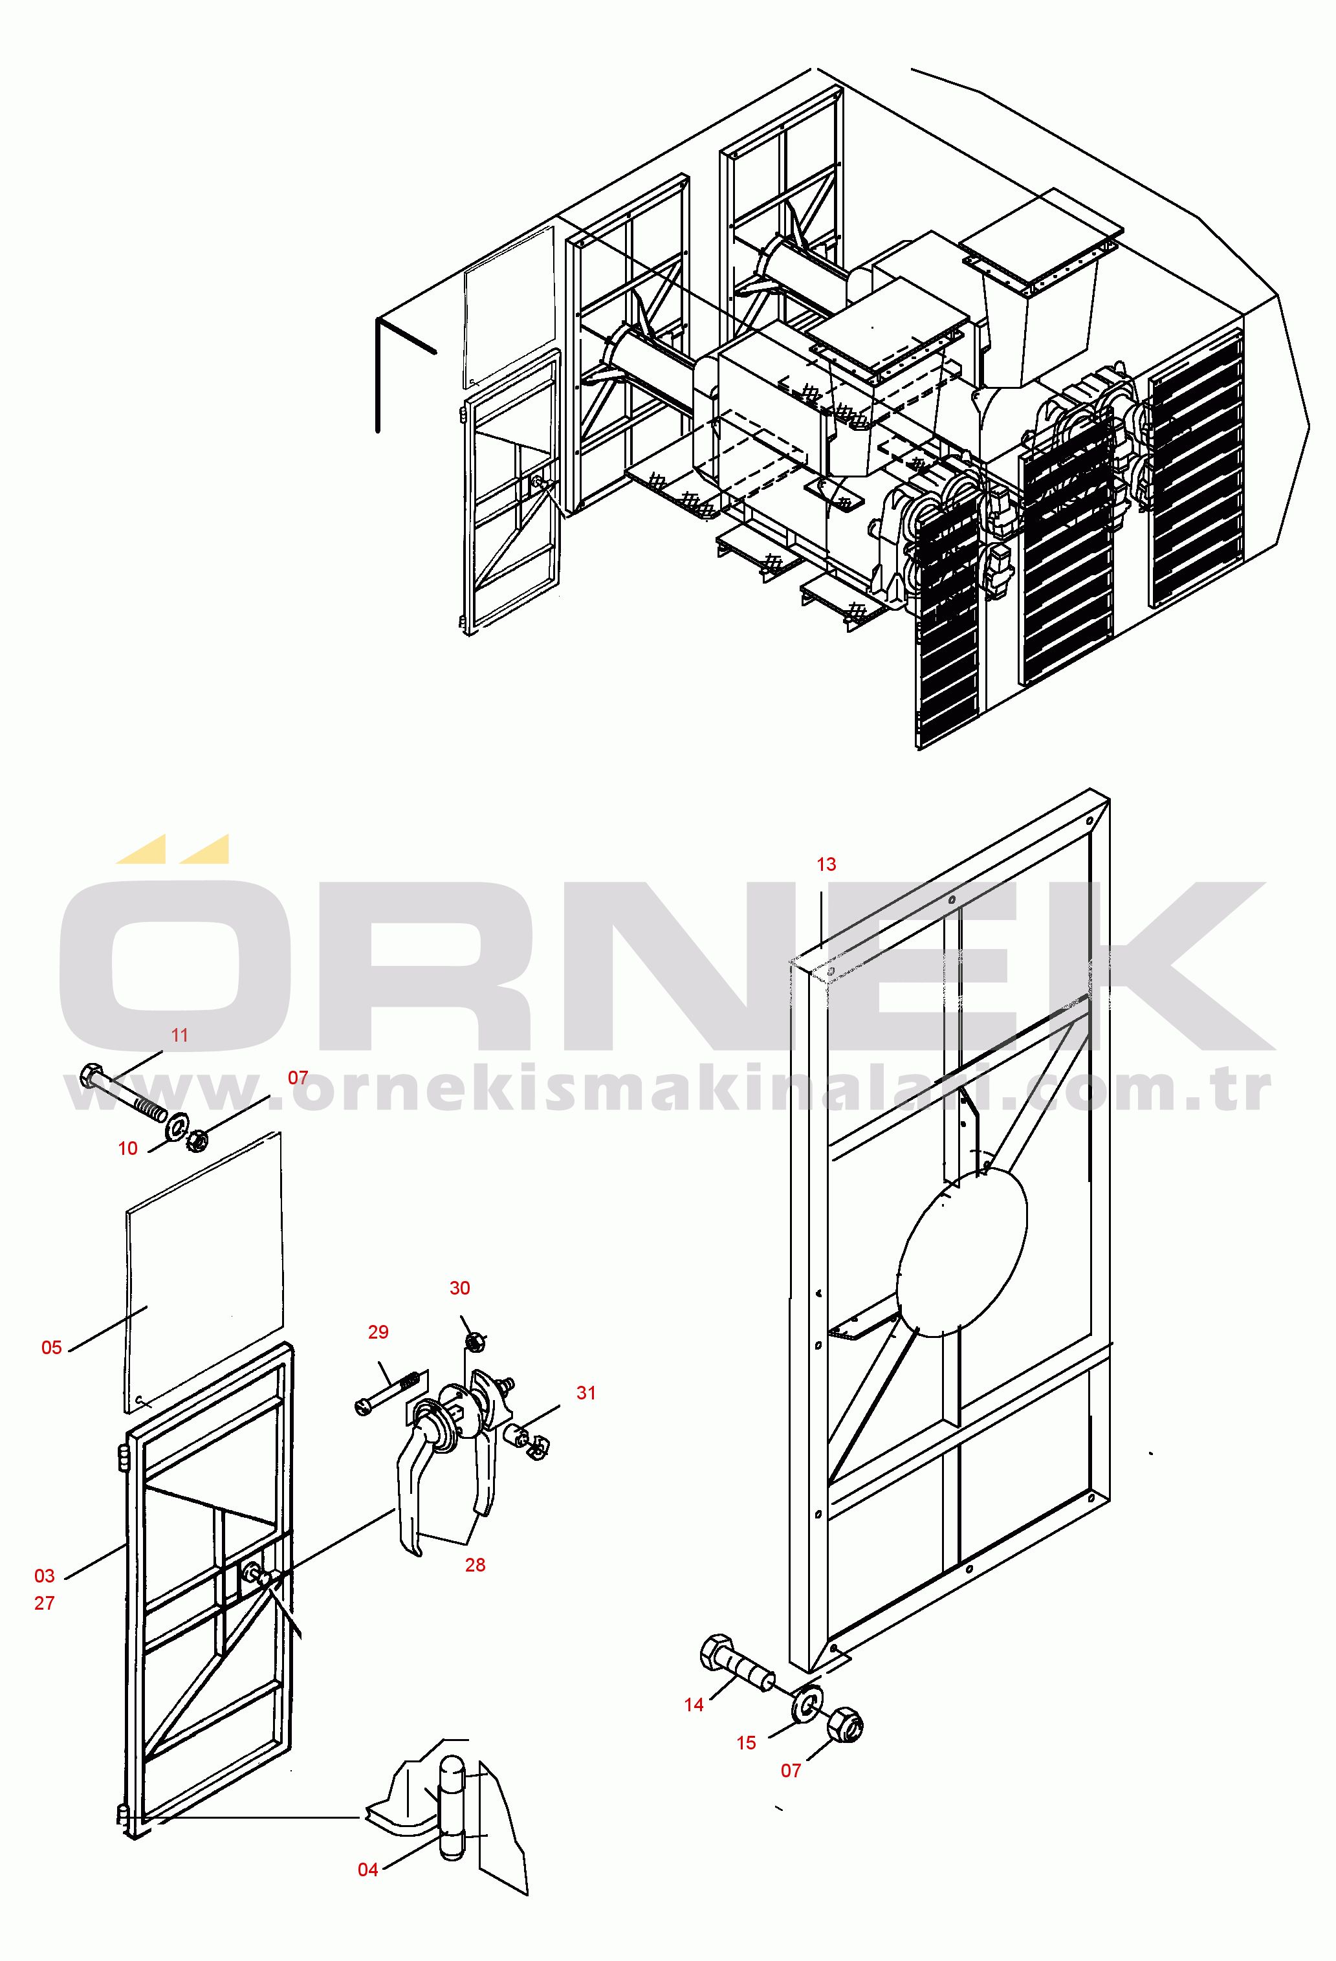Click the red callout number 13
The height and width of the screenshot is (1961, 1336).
826,864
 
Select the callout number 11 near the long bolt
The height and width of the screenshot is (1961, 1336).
180,1035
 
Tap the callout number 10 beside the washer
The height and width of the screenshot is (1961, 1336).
127,1148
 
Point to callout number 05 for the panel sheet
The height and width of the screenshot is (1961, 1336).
52,1348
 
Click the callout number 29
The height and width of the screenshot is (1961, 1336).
378,1331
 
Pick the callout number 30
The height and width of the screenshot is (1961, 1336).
460,1287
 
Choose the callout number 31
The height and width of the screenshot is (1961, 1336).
587,1393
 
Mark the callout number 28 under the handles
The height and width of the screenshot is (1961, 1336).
475,1565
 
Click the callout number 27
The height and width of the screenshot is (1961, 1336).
45,1603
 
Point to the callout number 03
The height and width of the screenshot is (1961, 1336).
45,1576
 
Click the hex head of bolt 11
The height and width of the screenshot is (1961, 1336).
91,1077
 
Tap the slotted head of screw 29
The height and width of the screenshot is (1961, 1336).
364,1407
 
